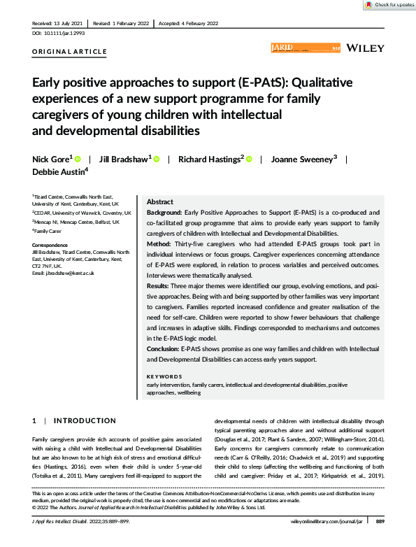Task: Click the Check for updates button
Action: click(388, 5)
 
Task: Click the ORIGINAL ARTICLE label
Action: click(70, 52)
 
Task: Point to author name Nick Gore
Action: click(52, 159)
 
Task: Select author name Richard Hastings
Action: click(210, 159)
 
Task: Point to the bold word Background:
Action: click(164, 211)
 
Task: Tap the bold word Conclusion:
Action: click(163, 348)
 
